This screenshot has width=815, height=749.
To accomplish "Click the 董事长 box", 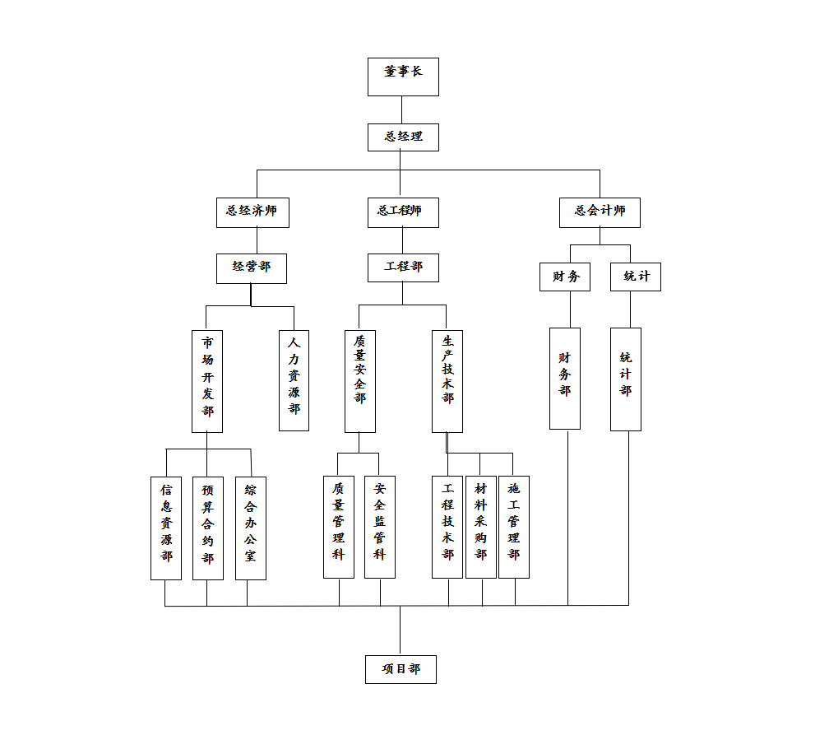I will click(403, 77).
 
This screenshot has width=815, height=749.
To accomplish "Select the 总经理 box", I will click(403, 137).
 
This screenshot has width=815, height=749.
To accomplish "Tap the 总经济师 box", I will click(252, 212).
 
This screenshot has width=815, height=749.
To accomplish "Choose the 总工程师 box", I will click(403, 212).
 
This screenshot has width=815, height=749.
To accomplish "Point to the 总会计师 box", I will click(600, 212).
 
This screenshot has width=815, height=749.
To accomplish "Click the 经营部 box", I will click(252, 268).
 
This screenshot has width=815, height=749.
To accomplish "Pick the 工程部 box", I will click(403, 267).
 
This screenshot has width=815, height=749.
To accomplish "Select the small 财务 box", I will click(565, 277).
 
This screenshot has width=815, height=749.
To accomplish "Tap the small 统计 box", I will click(635, 277).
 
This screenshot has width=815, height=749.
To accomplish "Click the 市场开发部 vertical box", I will click(207, 381).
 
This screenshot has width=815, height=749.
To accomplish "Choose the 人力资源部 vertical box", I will click(294, 379).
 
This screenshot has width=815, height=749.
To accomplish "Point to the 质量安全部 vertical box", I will click(359, 381).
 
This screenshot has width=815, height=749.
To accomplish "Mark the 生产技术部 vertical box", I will click(447, 381).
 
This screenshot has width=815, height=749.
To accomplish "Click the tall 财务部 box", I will click(565, 379).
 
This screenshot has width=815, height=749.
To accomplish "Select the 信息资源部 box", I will click(166, 528).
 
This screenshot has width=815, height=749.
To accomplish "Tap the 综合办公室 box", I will click(250, 528).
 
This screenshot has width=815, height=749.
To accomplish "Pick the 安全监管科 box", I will click(379, 527).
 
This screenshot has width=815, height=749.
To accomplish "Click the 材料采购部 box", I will click(480, 527).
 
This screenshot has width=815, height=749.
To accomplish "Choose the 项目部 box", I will click(401, 670).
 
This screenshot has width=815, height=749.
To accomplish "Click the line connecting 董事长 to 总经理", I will click(402, 109).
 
